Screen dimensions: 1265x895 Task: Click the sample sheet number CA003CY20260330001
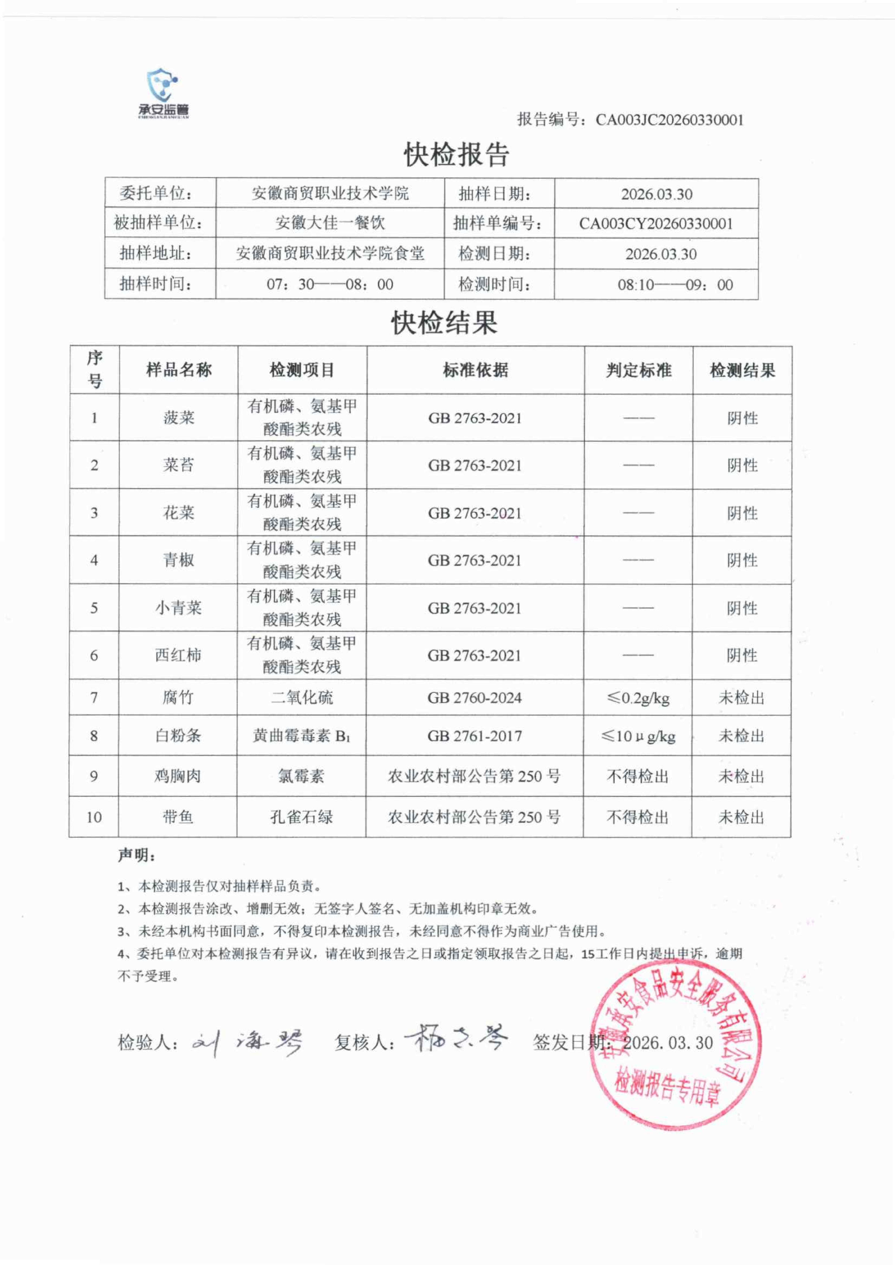(656, 224)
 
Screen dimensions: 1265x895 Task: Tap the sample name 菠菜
(179, 418)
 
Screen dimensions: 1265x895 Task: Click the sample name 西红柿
(178, 655)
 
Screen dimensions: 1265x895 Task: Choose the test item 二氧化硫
(301, 698)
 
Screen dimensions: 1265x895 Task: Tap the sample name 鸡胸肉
(177, 776)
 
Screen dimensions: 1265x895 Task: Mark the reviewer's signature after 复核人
(456, 1039)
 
